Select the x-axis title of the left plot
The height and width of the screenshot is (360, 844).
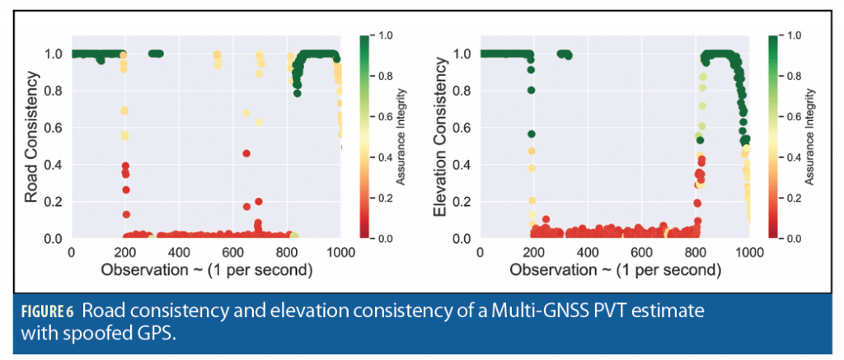(206, 270)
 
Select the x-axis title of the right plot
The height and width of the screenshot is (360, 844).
(615, 270)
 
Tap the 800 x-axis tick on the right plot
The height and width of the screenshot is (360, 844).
(695, 252)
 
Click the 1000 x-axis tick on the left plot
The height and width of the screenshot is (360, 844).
(340, 252)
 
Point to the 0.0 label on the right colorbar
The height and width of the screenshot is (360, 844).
(794, 238)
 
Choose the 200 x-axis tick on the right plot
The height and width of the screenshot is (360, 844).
(533, 252)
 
